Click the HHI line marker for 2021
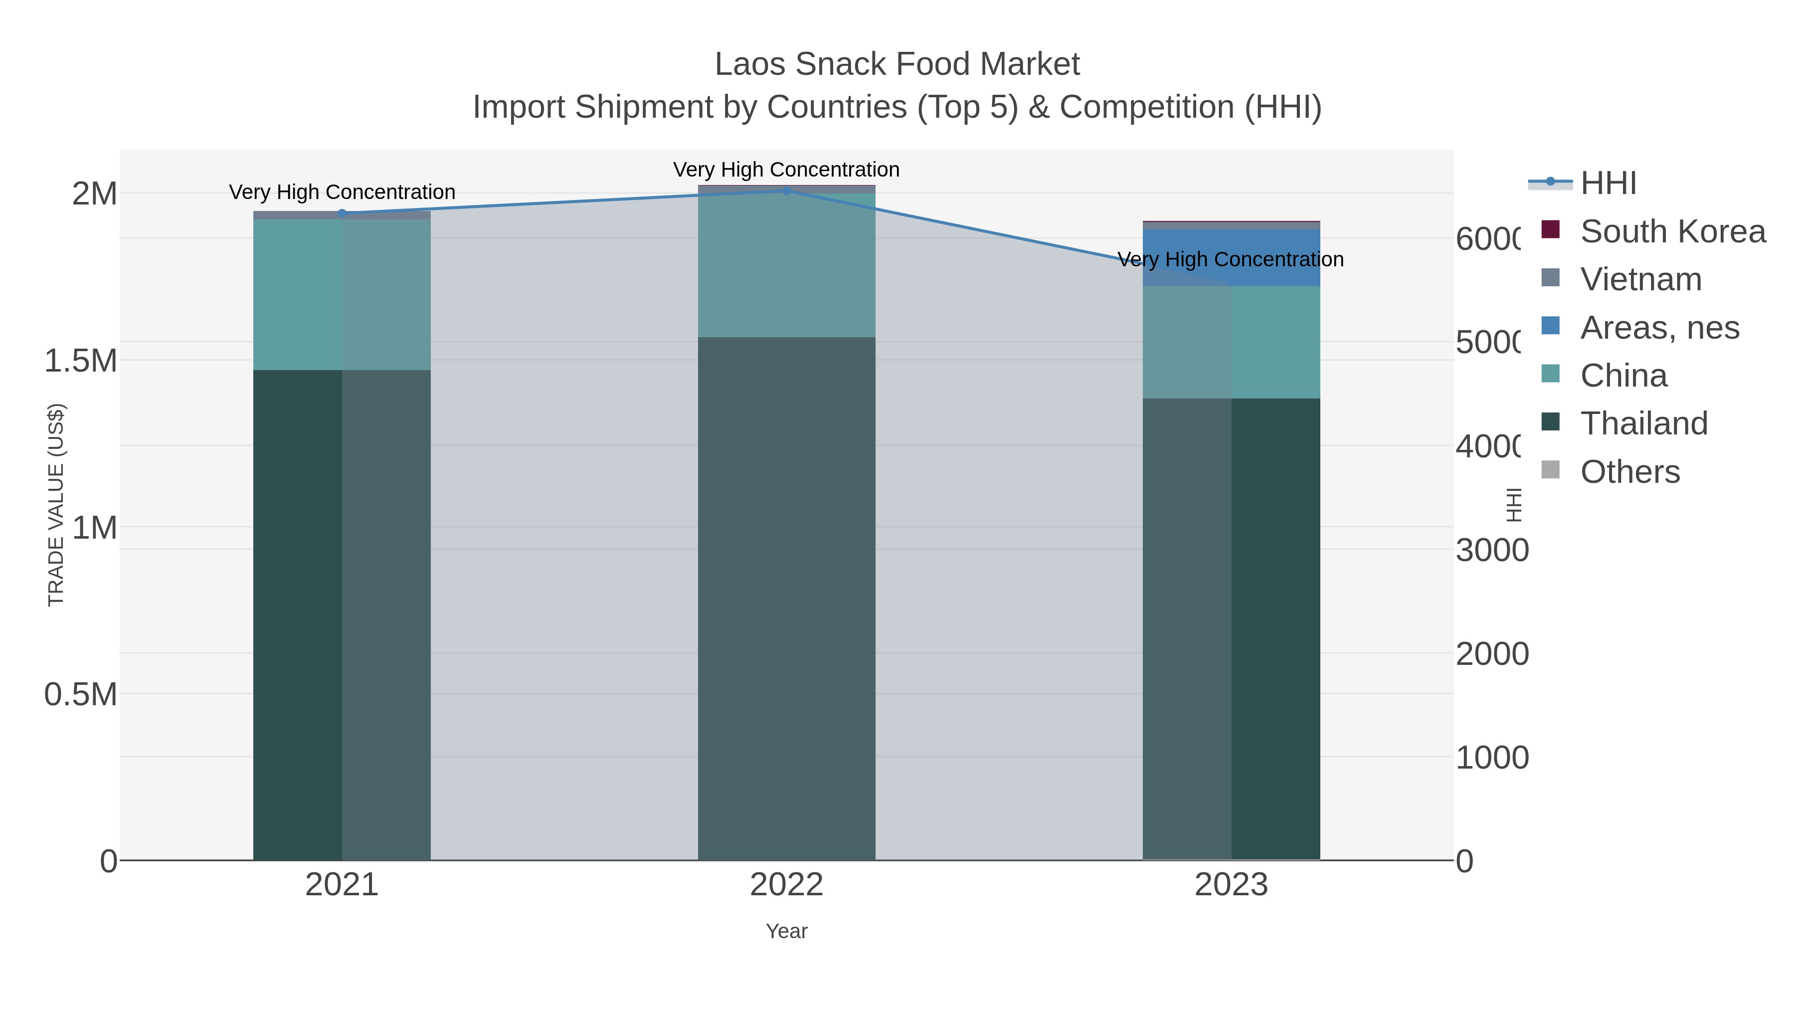tap(342, 213)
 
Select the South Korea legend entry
tap(1672, 231)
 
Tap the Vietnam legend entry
tap(1640, 279)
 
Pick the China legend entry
tap(1623, 376)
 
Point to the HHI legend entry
tap(1608, 184)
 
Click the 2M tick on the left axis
tap(95, 194)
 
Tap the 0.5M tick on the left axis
tap(81, 694)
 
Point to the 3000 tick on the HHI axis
tap(1492, 550)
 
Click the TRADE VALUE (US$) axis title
tap(56, 505)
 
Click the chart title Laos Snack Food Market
tap(897, 64)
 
